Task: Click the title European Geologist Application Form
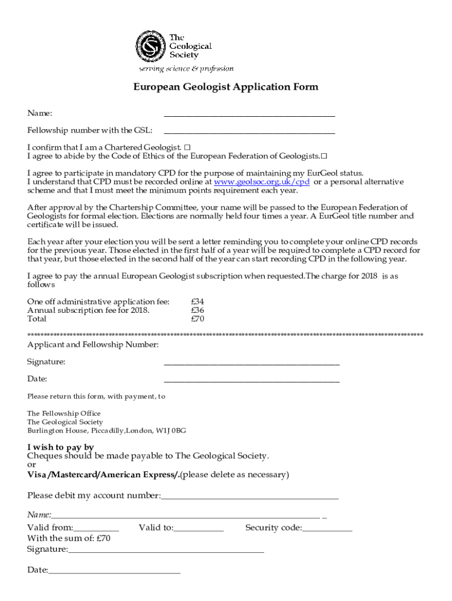pos(225,87)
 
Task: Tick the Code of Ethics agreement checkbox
pos(323,156)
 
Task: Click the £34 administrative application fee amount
pos(197,302)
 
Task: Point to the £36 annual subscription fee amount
pos(197,310)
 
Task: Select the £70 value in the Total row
pos(197,319)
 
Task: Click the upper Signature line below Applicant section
pos(251,363)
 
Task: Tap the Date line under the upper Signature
pos(251,380)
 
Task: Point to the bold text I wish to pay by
pos(60,447)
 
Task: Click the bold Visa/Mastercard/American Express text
pos(103,474)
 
